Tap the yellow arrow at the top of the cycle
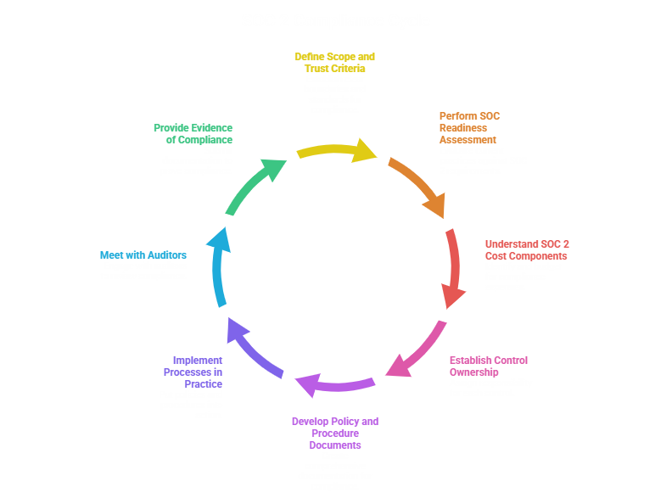[335, 150]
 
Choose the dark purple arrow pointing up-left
[255, 350]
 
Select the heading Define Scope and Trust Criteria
[334, 62]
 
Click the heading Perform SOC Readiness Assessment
[468, 127]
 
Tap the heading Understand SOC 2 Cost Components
[527, 249]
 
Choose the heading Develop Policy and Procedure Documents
[334, 433]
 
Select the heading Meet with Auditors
[143, 255]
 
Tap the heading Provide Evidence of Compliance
[193, 133]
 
